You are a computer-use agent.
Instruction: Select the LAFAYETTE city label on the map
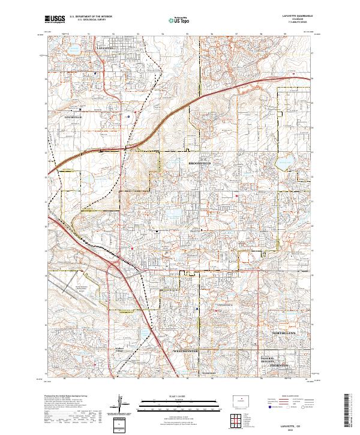[x=106, y=46]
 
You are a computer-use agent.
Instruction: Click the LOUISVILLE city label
[x=73, y=118]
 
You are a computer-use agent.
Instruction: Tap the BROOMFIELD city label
[x=200, y=163]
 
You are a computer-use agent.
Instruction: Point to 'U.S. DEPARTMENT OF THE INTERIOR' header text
[x=90, y=17]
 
